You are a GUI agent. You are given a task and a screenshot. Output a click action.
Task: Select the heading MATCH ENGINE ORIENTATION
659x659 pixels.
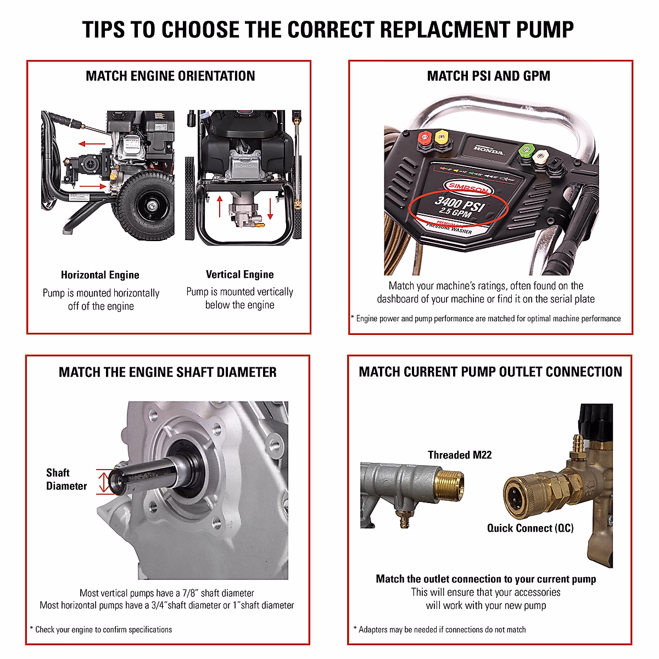click(170, 76)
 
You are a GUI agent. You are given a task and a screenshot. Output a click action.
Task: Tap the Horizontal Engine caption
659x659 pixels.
click(100, 275)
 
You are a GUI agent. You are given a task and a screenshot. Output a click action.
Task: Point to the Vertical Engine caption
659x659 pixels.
click(239, 275)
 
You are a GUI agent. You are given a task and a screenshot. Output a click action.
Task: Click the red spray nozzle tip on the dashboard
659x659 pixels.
click(424, 138)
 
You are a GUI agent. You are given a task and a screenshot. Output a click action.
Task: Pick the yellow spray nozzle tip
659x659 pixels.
click(441, 137)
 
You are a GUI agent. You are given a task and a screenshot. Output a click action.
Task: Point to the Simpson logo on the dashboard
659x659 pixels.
click(468, 188)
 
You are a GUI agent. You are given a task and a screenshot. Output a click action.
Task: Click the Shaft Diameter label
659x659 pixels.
click(66, 479)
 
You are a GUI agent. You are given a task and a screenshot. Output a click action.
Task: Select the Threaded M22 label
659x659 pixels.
click(460, 455)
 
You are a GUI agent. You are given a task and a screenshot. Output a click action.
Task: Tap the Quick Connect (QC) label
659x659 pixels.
click(530, 528)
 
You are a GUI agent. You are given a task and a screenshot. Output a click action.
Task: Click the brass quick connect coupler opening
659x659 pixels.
click(515, 496)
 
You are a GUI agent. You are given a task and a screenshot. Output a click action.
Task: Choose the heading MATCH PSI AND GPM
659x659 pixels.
click(488, 76)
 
